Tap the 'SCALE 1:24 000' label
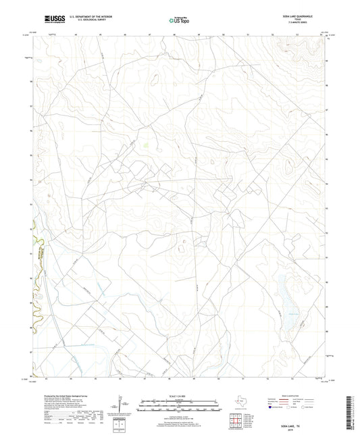point(179,396)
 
